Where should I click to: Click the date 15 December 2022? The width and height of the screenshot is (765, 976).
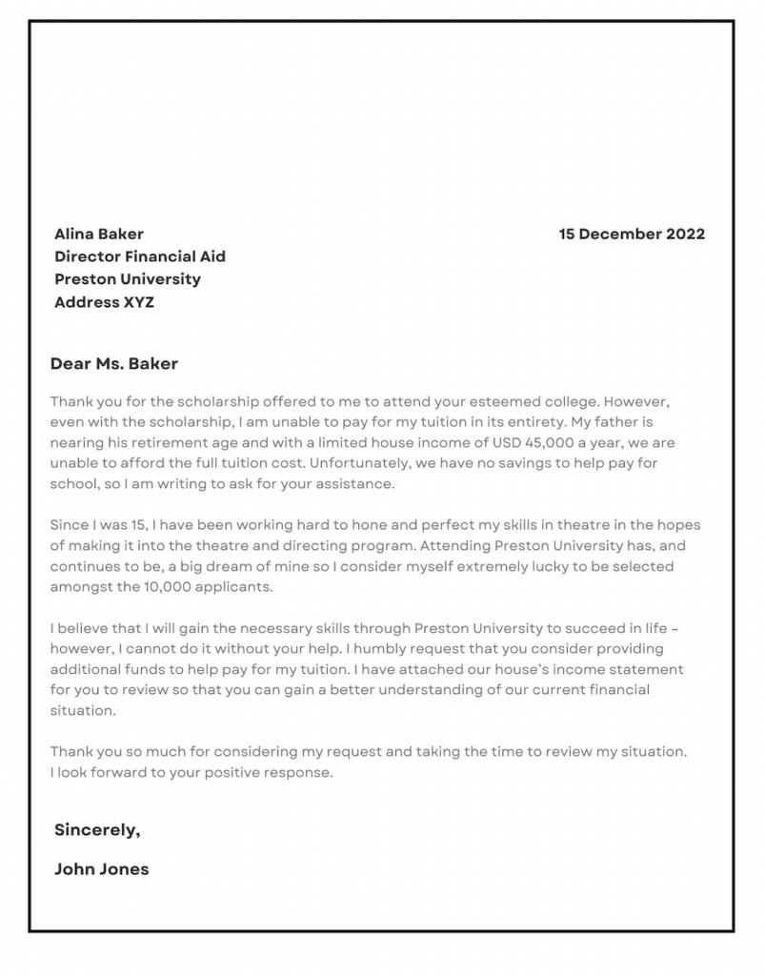[632, 234]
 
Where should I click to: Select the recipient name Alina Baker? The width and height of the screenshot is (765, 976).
[99, 234]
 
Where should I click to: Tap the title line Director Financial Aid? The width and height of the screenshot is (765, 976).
[140, 256]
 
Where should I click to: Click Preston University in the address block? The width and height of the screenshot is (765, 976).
[128, 279]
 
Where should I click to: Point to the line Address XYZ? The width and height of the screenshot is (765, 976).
[104, 302]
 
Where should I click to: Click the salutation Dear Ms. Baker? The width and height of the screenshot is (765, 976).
[113, 363]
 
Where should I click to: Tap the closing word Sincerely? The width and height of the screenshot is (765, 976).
[97, 829]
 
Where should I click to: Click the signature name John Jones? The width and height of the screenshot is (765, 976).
[101, 868]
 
